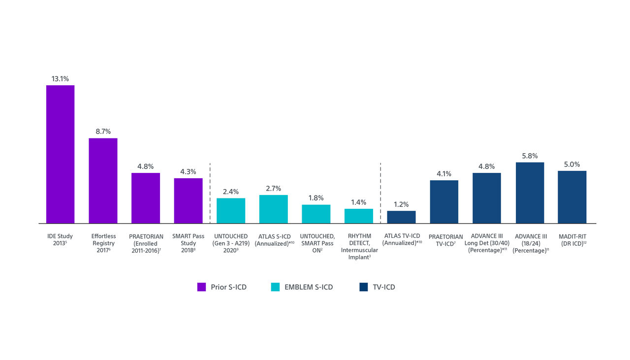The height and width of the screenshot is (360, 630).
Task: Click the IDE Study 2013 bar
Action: click(x=60, y=154)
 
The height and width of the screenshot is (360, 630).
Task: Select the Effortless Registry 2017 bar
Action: click(x=103, y=181)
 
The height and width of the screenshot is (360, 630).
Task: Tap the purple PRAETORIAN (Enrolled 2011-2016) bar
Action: click(x=145, y=198)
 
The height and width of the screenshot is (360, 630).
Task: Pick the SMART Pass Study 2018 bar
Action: click(x=188, y=200)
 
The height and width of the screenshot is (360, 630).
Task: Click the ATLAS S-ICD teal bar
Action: click(x=273, y=209)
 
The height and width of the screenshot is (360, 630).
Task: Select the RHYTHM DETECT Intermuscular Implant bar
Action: click(x=358, y=216)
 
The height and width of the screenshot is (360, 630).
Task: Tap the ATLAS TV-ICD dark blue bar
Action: click(x=401, y=217)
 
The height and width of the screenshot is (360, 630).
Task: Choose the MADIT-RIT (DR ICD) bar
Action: click(x=572, y=197)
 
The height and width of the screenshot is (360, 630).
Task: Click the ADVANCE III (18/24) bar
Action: click(x=530, y=193)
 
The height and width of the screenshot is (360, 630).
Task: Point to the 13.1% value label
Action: click(x=60, y=79)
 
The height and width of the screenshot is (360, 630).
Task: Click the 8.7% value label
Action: click(x=103, y=131)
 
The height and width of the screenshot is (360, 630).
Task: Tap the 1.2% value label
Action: click(x=401, y=204)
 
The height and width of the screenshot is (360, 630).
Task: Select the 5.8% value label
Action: click(x=530, y=156)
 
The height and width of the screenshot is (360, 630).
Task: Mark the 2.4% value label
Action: click(x=231, y=192)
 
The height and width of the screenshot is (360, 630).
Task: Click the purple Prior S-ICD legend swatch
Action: click(x=201, y=287)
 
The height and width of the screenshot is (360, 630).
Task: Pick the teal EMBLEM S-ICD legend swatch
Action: click(x=275, y=287)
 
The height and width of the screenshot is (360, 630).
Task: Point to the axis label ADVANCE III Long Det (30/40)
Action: click(x=487, y=243)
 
